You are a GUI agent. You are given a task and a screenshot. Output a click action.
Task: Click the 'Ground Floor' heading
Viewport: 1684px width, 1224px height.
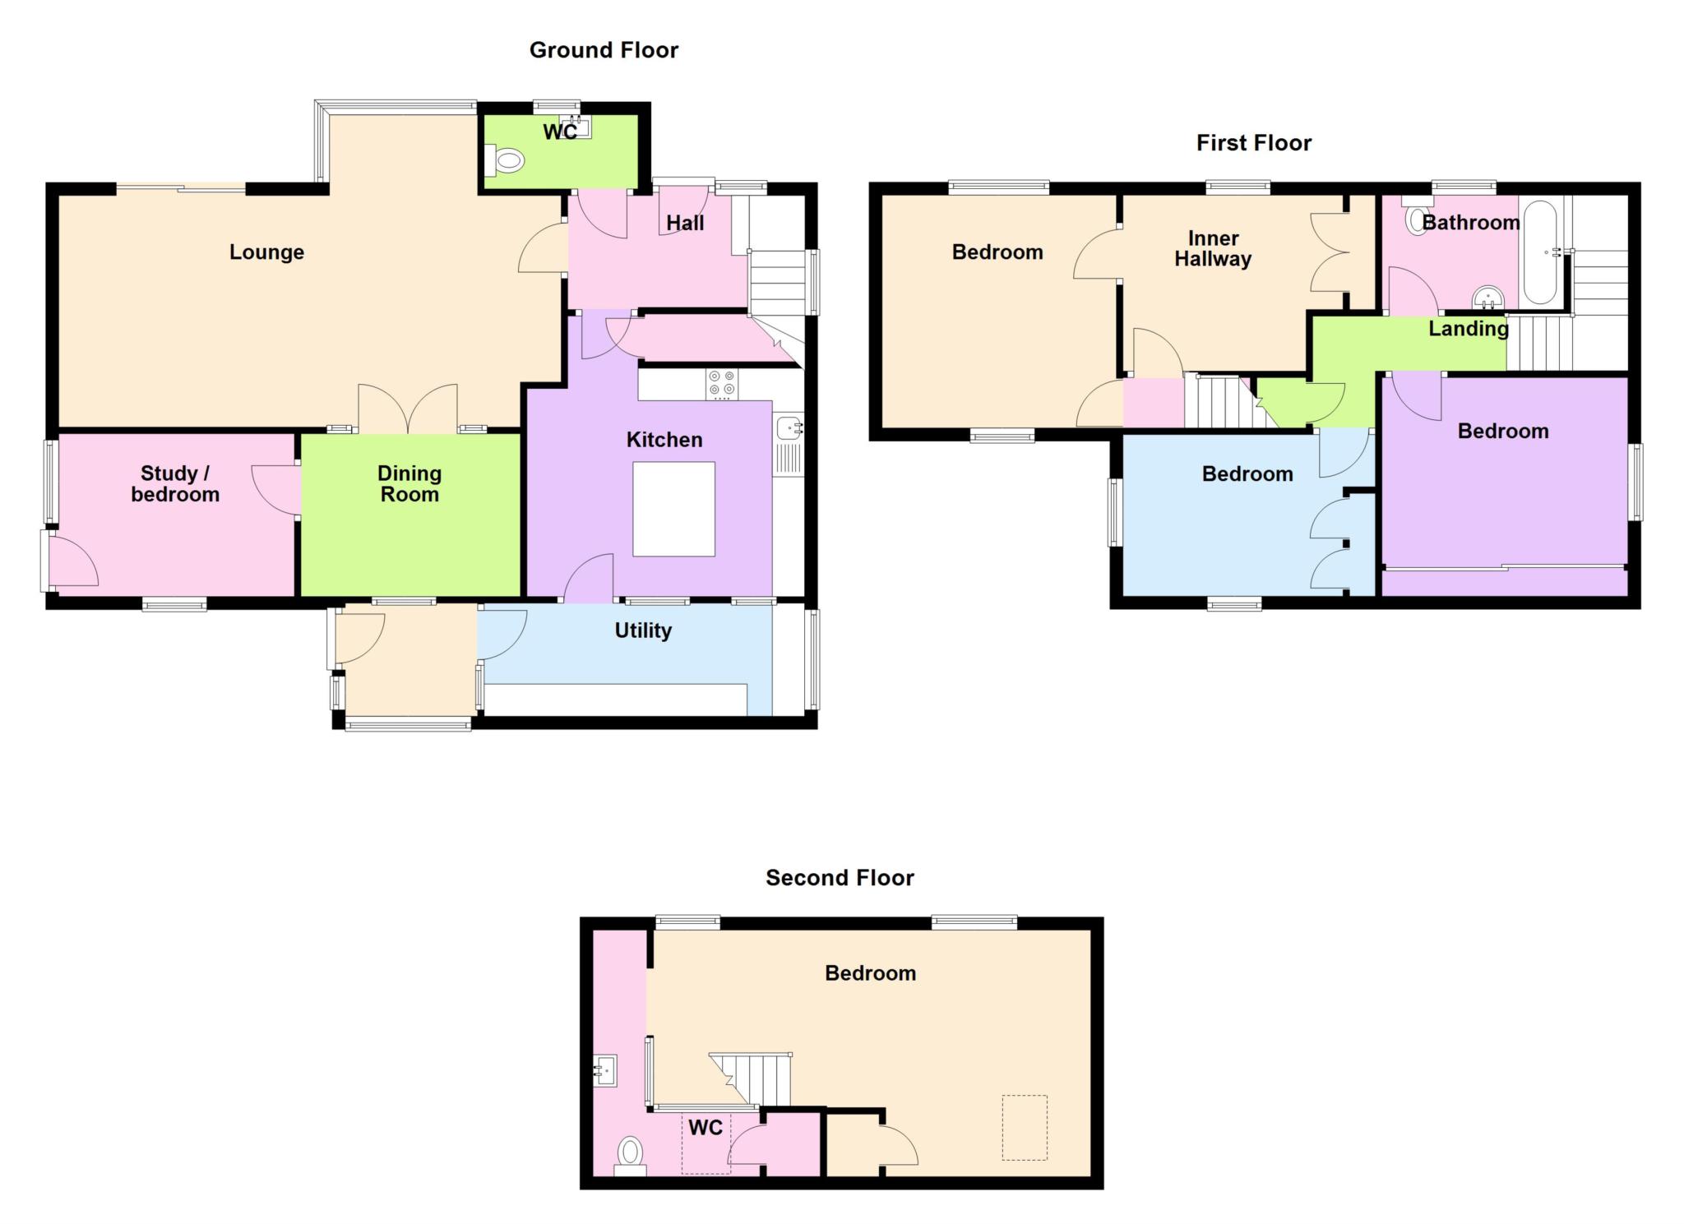(x=604, y=50)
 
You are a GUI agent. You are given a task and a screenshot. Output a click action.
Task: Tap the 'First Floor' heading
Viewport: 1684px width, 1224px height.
(x=1254, y=143)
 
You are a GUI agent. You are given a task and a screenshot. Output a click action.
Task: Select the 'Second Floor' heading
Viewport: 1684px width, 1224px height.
(x=840, y=878)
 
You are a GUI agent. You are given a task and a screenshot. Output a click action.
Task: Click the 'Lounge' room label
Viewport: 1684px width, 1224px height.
(x=266, y=252)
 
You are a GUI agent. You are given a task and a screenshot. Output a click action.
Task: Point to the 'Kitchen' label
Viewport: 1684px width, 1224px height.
(x=664, y=440)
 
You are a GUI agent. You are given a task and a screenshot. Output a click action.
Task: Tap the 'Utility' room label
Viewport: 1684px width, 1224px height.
(x=643, y=630)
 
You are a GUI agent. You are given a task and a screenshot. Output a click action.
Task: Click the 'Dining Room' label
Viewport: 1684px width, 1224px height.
(x=409, y=483)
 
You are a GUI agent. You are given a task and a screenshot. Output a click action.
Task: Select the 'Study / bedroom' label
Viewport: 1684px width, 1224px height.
(x=175, y=483)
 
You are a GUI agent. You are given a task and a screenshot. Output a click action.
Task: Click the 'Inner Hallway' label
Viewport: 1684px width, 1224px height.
(x=1213, y=248)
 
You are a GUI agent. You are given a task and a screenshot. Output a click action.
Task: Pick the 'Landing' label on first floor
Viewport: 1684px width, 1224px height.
(x=1469, y=329)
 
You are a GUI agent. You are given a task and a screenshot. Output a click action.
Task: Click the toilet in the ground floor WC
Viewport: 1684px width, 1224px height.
(x=505, y=160)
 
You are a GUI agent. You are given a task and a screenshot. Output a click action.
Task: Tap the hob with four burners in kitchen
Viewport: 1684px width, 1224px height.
(x=722, y=384)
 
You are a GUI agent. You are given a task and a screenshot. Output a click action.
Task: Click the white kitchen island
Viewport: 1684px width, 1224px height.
(x=673, y=509)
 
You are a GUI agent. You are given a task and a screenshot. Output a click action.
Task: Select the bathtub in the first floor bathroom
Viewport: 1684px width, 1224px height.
(x=1540, y=253)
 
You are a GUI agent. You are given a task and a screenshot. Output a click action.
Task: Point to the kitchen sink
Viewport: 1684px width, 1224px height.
(x=789, y=445)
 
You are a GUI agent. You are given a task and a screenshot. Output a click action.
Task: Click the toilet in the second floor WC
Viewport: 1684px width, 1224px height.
(x=631, y=1155)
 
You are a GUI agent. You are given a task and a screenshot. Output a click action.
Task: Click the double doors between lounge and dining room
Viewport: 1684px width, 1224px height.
(x=408, y=409)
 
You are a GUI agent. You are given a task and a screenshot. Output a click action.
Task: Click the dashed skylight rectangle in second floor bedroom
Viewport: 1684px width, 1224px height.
(x=1025, y=1127)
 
